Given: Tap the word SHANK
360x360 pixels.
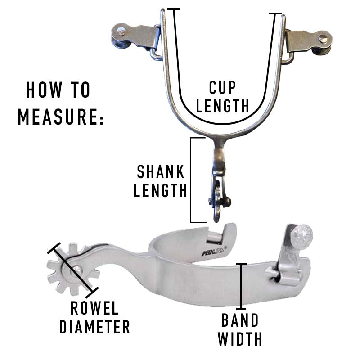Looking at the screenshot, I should point(161,172).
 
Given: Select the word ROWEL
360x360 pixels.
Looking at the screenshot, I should point(95,309).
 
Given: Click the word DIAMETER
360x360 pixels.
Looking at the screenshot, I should point(94,327).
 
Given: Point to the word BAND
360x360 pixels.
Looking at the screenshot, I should point(240,320).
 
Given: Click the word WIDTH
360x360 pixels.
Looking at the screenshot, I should point(240,338).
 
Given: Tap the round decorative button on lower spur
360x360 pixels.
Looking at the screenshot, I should point(302,235).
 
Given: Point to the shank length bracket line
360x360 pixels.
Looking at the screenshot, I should point(191,180).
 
